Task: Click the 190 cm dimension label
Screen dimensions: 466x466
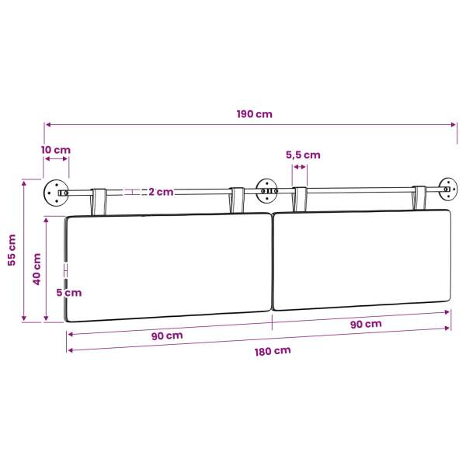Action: (255, 114)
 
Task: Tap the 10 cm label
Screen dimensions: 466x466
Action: (56, 150)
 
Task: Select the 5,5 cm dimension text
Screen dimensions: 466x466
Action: (303, 155)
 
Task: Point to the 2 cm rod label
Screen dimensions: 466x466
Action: (161, 192)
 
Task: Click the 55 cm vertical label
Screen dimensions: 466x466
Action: (12, 250)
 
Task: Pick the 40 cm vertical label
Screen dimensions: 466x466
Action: (37, 269)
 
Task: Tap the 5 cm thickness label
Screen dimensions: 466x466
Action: (69, 293)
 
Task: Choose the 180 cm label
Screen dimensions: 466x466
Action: (273, 351)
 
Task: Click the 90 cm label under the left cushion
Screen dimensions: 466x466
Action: (167, 336)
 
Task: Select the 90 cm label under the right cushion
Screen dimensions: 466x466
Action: (366, 324)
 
